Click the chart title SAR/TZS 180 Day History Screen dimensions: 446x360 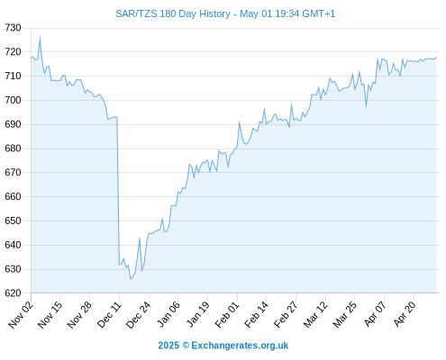point(173,13)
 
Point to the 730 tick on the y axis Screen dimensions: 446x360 point(13,28)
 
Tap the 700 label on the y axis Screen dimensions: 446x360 point(13,100)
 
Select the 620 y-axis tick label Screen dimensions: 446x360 point(13,293)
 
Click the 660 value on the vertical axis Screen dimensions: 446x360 point(13,196)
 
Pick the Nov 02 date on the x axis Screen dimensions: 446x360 point(20,315)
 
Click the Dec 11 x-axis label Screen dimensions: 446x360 point(109,315)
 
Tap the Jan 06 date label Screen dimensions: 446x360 point(168,315)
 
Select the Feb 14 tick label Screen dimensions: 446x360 point(256,315)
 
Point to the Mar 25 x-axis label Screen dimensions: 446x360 point(344,315)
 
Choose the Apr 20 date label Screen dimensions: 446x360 point(404,315)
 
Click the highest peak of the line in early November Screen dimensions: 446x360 point(40,37)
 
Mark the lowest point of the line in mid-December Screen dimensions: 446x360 point(131,279)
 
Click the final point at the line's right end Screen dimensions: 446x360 point(436,57)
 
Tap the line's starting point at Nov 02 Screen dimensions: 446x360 point(31,58)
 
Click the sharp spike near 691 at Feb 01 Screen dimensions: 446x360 point(239,122)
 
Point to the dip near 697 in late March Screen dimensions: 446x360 point(366,106)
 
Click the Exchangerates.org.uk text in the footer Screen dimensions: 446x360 point(240,346)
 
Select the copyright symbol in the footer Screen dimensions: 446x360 point(186,346)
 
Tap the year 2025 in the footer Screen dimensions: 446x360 point(168,346)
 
